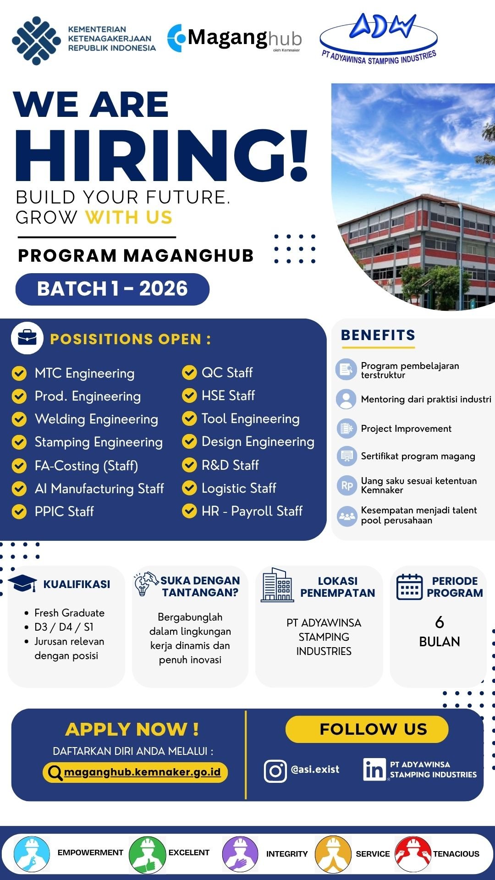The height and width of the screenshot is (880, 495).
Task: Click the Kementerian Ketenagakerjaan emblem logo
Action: (36, 40)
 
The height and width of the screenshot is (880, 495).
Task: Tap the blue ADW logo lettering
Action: (383, 27)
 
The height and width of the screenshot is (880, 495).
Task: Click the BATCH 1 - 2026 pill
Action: (112, 289)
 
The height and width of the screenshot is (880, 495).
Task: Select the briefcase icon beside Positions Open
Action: (27, 338)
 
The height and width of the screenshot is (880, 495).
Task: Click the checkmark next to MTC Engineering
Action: (19, 373)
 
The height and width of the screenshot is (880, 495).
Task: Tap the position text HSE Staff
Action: (228, 396)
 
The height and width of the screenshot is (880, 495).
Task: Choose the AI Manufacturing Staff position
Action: (99, 489)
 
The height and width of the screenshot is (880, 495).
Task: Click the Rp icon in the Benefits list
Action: (346, 485)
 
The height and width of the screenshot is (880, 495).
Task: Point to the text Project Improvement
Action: (406, 429)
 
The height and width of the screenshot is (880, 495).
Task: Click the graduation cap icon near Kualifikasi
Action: (22, 583)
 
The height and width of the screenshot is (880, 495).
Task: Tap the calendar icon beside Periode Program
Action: (409, 587)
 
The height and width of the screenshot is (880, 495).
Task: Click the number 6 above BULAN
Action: (440, 622)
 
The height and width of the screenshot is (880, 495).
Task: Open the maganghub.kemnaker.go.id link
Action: (142, 772)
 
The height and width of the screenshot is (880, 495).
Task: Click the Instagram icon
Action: (275, 771)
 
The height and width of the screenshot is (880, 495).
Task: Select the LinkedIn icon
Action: (374, 770)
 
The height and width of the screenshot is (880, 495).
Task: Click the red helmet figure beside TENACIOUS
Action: (413, 853)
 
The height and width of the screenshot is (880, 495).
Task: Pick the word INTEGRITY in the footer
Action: (287, 854)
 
